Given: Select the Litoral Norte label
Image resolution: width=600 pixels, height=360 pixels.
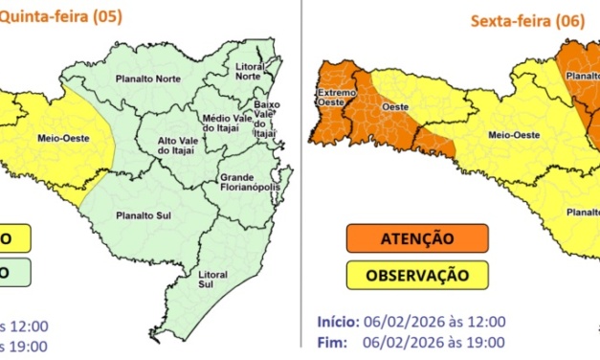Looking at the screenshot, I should [x=248, y=70].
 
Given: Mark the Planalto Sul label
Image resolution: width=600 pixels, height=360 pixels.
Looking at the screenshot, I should [x=135, y=215].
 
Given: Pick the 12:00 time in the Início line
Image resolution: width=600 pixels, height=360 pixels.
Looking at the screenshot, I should [x=485, y=322].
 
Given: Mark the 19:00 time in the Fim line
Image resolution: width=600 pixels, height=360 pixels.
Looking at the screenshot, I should [x=485, y=342].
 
